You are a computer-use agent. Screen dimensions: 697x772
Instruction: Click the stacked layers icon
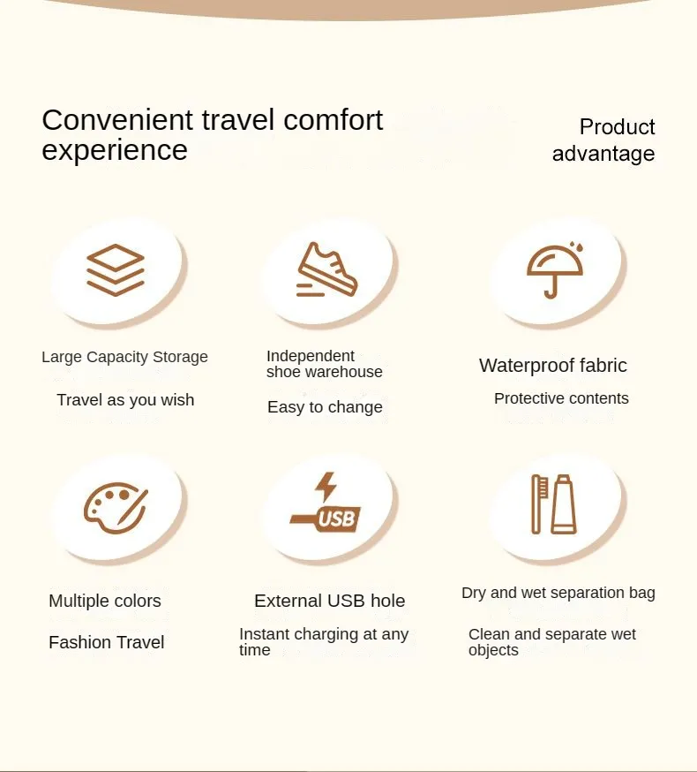115,269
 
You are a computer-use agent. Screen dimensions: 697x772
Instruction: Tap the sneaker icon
327,269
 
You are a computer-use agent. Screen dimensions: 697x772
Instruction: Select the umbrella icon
555,271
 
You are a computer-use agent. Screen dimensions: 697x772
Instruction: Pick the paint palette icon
116,508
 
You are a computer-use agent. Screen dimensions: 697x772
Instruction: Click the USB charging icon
326,503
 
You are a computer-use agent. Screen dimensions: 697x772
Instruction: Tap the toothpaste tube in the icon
563,504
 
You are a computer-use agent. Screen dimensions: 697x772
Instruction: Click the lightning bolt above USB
326,487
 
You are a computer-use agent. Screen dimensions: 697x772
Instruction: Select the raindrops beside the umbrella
576,246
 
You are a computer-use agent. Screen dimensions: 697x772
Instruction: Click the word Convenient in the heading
117,119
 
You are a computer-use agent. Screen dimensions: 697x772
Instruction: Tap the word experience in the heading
115,150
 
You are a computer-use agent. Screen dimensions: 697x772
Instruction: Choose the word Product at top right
617,127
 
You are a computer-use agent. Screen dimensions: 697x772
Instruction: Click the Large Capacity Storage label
124,357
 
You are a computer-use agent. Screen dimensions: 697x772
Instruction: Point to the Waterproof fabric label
553,366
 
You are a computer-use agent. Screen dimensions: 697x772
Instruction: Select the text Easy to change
325,407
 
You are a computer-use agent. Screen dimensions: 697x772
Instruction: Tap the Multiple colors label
105,601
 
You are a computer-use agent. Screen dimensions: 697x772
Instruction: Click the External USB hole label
330,601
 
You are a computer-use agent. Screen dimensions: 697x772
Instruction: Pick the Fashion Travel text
106,642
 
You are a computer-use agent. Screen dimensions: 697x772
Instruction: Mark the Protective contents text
561,398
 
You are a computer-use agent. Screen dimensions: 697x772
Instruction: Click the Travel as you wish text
125,400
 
